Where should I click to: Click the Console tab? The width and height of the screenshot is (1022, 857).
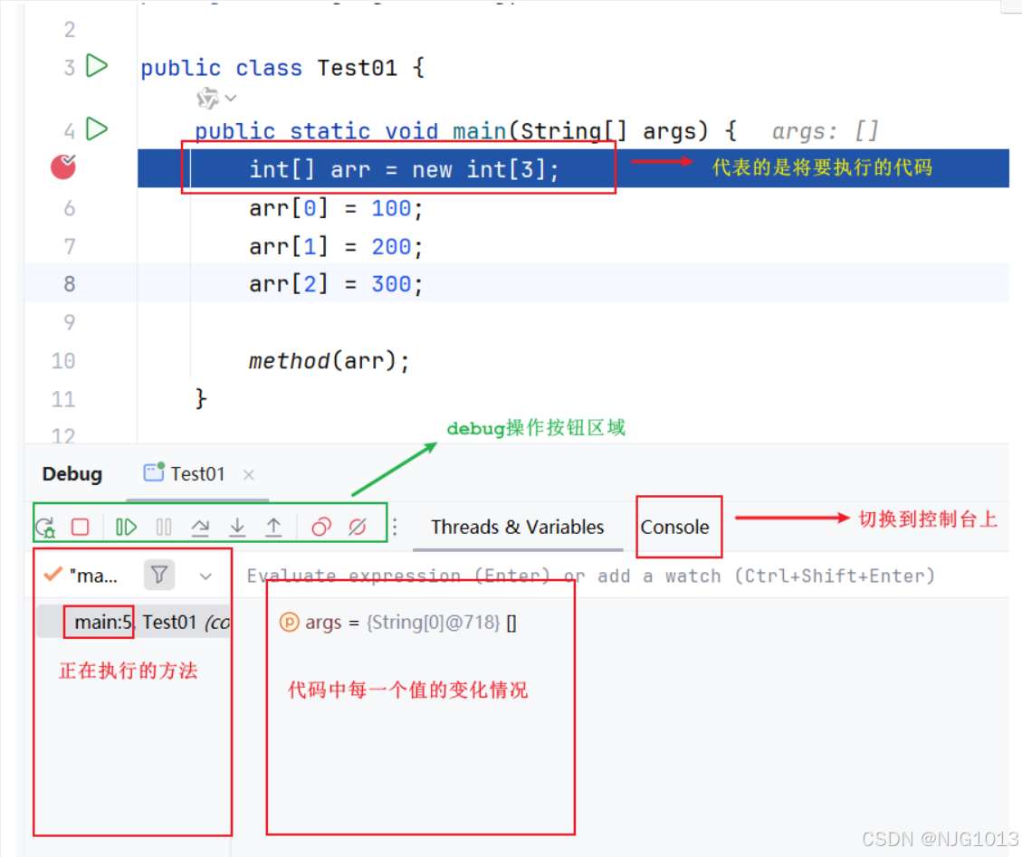pyautogui.click(x=674, y=528)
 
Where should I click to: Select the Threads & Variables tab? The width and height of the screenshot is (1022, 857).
pyautogui.click(x=517, y=528)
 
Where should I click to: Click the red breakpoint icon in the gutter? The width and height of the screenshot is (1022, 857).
pyautogui.click(x=62, y=167)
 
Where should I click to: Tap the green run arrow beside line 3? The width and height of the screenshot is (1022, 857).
pyautogui.click(x=97, y=66)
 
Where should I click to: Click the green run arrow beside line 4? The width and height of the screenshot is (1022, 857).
pyautogui.click(x=97, y=129)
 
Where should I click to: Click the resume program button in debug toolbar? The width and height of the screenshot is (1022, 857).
pyautogui.click(x=126, y=527)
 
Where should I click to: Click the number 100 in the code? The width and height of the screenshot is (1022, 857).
pyautogui.click(x=391, y=209)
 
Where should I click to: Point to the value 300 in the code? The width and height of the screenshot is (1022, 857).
pyautogui.click(x=391, y=284)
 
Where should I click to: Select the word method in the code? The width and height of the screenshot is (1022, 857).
pyautogui.click(x=289, y=361)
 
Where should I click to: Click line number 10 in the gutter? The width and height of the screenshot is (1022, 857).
pyautogui.click(x=63, y=361)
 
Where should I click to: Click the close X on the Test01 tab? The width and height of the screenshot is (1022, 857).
pyautogui.click(x=249, y=474)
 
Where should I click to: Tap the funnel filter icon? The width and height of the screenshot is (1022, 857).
pyautogui.click(x=159, y=575)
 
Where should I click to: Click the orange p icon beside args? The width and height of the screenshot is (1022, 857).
pyautogui.click(x=289, y=622)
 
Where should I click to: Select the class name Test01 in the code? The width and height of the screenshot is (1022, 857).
pyautogui.click(x=357, y=68)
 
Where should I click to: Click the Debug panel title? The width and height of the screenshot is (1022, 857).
pyautogui.click(x=72, y=474)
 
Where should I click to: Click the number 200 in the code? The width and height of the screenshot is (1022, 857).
pyautogui.click(x=391, y=246)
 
